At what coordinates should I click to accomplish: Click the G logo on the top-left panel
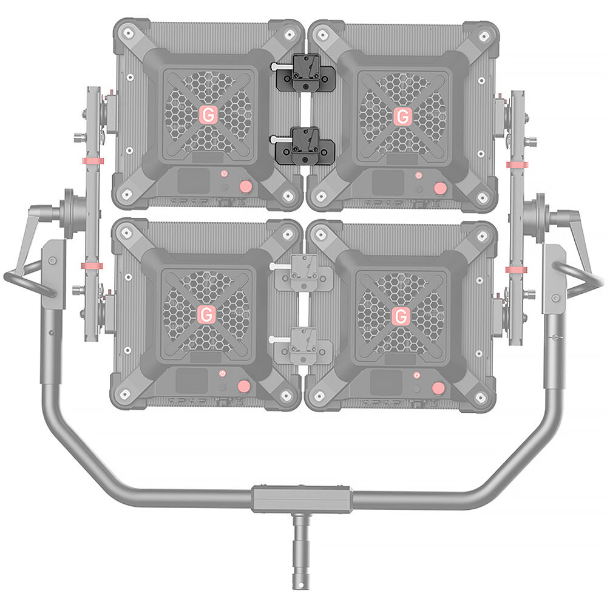[x=208, y=115]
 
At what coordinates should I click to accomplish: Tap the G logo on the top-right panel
[x=402, y=116]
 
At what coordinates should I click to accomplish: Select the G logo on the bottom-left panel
[x=206, y=314]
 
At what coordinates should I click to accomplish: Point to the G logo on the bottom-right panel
[x=400, y=316]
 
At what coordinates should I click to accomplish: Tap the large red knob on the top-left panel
[x=245, y=186]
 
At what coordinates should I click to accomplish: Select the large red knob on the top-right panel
[x=439, y=188]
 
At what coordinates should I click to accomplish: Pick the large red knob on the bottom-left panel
[x=243, y=386]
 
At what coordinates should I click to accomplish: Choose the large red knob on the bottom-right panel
[x=438, y=388]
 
